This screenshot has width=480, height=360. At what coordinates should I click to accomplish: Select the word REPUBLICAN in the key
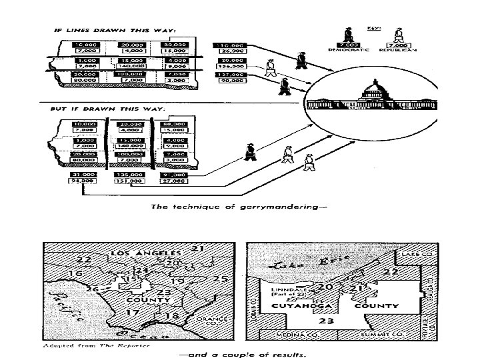(399, 49)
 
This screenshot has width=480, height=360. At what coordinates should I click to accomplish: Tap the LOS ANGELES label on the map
(145, 253)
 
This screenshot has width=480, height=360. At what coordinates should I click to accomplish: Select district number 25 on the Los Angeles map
(221, 277)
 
